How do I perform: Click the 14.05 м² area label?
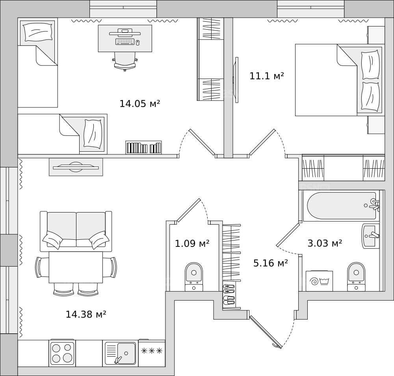[x=140, y=103]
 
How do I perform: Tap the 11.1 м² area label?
[x=267, y=76]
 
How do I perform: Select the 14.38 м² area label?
[x=86, y=314]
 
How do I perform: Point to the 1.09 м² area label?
[x=192, y=244]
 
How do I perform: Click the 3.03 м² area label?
[x=325, y=243]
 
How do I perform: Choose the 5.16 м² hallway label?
[x=271, y=263]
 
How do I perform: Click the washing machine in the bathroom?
[x=320, y=281]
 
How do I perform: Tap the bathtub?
[x=342, y=206]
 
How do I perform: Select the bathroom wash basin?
[x=370, y=236]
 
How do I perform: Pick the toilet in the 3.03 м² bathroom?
[x=356, y=276]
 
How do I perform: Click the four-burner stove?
[x=62, y=353]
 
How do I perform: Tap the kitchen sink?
[x=120, y=353]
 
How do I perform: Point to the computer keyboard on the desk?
[x=125, y=41]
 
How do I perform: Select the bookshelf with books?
[x=143, y=148]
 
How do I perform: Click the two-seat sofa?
[x=76, y=231]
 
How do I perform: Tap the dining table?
[x=76, y=267]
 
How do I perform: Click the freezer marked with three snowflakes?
[x=152, y=353]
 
